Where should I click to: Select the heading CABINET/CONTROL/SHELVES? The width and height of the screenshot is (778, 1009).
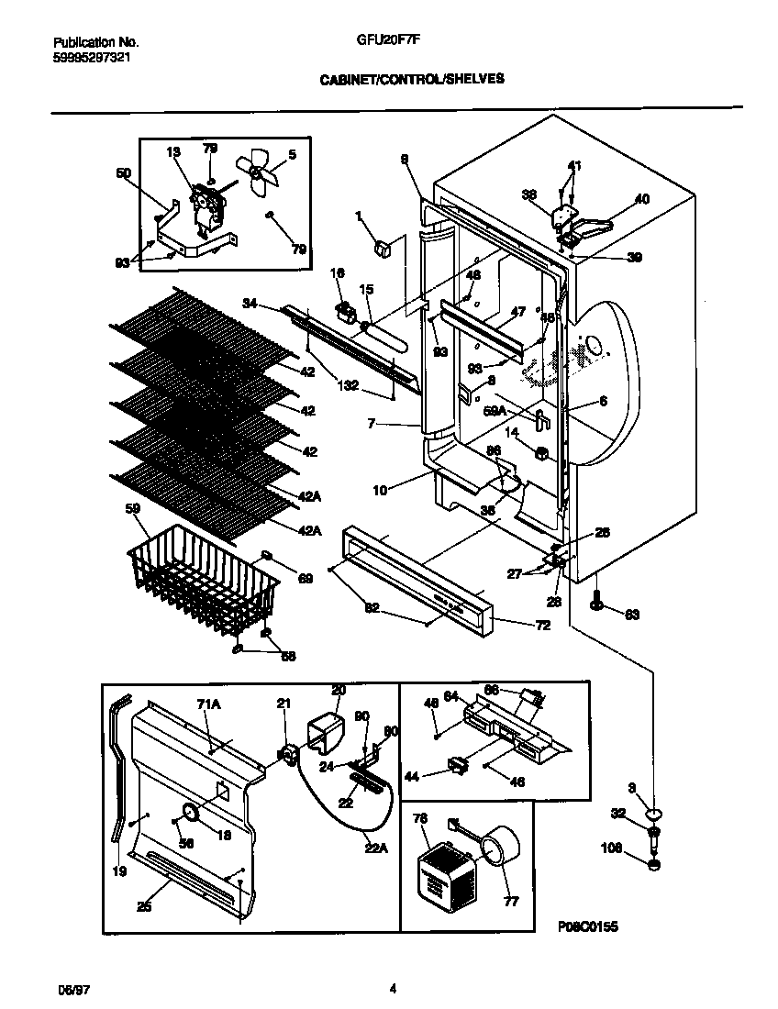[411, 80]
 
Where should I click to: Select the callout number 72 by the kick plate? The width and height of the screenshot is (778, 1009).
[517, 626]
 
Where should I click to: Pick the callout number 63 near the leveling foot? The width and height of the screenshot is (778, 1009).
[632, 614]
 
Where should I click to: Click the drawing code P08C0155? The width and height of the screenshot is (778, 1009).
[587, 927]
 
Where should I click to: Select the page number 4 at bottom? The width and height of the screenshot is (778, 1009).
[393, 989]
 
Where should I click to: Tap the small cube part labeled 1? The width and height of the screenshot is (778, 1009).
[383, 246]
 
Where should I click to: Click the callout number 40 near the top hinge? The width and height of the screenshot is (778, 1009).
[641, 198]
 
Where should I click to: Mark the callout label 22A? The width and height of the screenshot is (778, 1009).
[376, 848]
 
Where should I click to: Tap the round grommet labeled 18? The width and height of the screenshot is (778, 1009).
[191, 811]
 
